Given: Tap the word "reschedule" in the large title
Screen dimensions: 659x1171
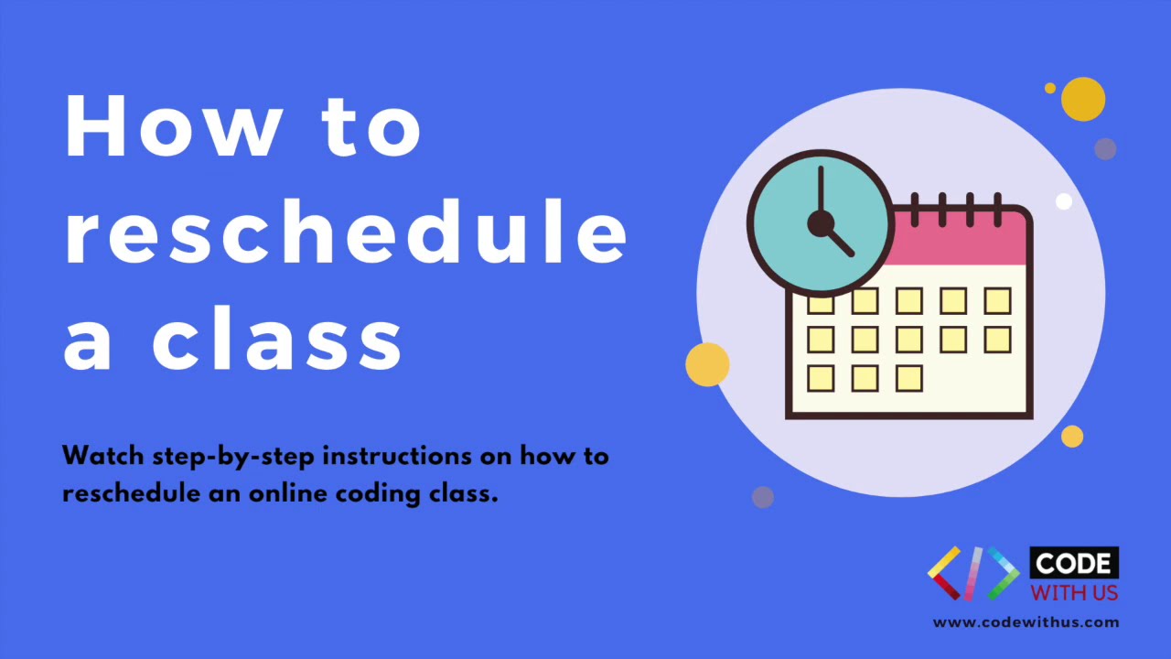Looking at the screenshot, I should pos(345,234).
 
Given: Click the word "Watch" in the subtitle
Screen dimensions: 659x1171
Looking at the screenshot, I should pos(102,456).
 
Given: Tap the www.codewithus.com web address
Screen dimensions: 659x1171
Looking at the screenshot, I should pos(1026,622).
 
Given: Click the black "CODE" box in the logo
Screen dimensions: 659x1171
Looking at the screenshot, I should pos(1074,564).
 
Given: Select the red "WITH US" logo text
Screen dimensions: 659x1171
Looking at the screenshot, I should pos(1074,592).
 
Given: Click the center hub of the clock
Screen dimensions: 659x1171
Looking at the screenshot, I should pos(820,223).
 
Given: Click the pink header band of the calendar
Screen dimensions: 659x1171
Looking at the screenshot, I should pos(961,240).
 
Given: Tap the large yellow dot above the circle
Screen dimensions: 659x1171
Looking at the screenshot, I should pos(1083,99).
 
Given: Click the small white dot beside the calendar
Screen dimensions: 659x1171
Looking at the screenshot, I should pos(1063,201).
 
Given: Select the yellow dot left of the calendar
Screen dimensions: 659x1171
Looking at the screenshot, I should pos(707,364).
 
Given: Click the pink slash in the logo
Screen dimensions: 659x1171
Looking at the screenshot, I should pos(973,573).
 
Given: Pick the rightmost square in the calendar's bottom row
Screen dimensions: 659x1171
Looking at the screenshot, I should pos(908,378).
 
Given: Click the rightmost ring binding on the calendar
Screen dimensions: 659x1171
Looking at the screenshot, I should pos(997,208).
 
